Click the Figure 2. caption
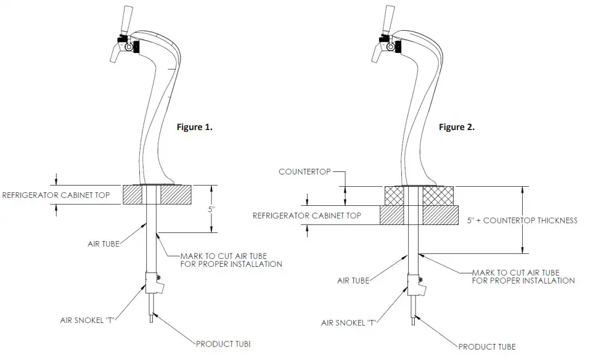(456, 127)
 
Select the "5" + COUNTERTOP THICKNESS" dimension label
(522, 220)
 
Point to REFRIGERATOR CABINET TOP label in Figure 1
(56, 195)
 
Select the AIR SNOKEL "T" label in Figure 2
(348, 322)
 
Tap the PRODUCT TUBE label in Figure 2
(487, 346)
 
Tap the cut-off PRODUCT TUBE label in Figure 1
(223, 343)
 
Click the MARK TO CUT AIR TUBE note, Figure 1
(231, 260)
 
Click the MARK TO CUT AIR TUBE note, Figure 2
(523, 276)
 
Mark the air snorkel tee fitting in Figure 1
(152, 282)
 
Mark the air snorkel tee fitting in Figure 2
(414, 284)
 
